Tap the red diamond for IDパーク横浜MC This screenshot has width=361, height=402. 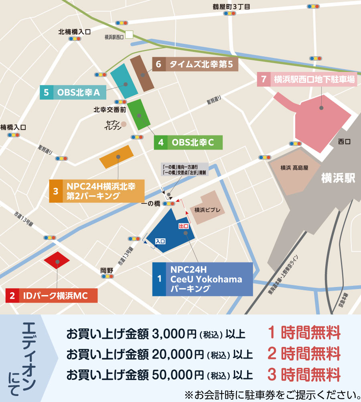[x=57, y=263]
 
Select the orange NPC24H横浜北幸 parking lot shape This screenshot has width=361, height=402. [x=116, y=157]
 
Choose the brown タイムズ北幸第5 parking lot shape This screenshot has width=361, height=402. [x=142, y=73]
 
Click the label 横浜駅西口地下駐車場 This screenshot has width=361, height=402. [x=313, y=79]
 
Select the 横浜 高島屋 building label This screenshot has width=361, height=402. [x=295, y=168]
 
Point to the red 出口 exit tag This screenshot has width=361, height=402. [x=183, y=227]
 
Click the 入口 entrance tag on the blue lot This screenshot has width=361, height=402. [x=160, y=241]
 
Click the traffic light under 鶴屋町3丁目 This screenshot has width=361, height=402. [x=229, y=13]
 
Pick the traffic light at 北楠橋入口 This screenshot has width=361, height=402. [x=75, y=39]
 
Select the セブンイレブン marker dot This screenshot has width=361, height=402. [x=124, y=124]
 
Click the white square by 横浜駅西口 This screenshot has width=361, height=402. [x=129, y=35]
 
